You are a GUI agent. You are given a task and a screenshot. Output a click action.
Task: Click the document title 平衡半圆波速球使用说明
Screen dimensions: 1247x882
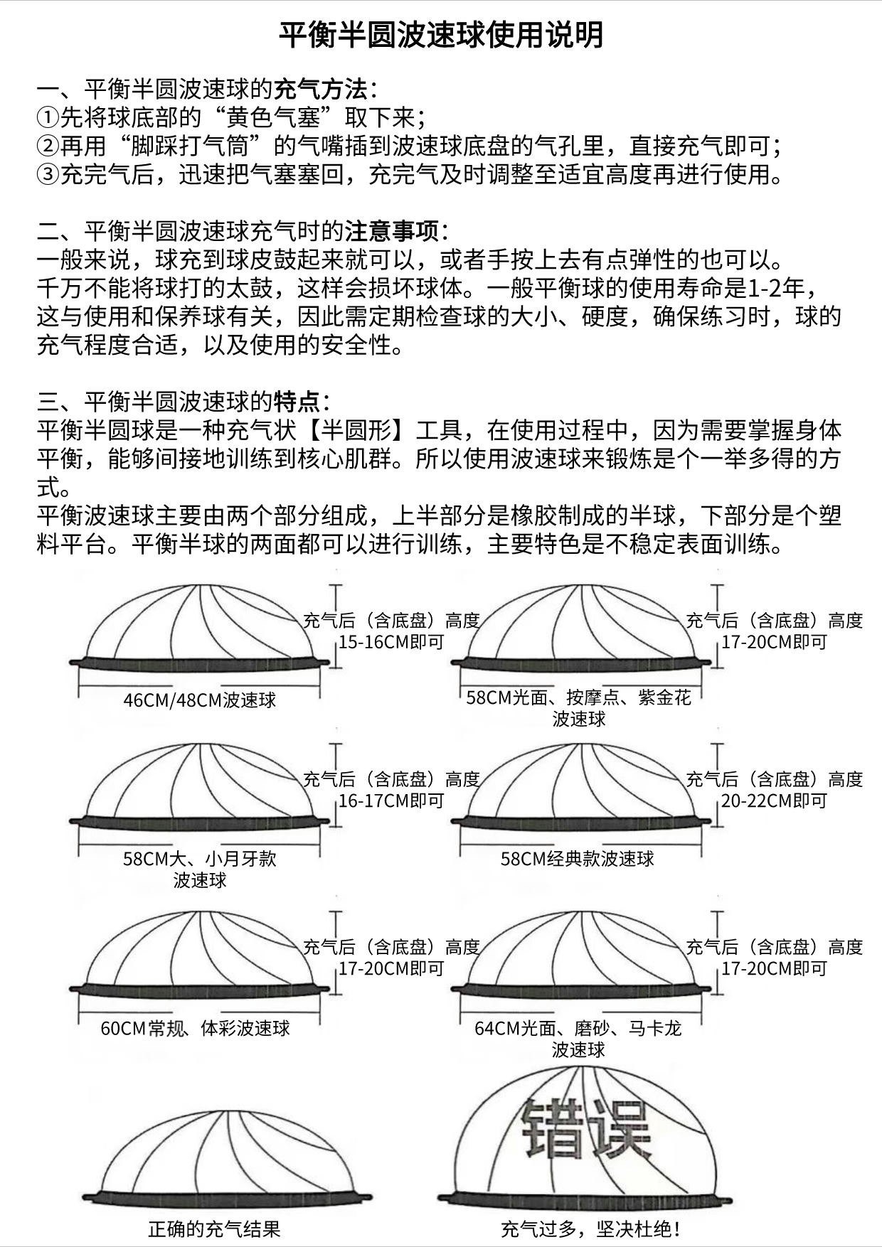tap(440, 34)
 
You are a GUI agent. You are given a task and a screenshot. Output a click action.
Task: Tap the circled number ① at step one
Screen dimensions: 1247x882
tap(48, 117)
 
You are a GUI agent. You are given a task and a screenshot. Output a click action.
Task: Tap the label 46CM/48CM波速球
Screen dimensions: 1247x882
tap(200, 700)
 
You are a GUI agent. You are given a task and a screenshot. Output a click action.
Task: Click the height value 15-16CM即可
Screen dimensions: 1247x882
tap(391, 643)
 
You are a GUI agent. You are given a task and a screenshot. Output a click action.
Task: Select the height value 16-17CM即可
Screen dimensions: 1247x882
tap(391, 801)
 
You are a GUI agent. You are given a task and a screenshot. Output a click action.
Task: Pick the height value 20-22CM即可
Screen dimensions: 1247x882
tap(775, 801)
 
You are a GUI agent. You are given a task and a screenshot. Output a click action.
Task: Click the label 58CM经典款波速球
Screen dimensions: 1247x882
tap(578, 859)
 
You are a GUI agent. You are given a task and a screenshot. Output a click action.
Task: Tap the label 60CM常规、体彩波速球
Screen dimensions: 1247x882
tap(196, 1028)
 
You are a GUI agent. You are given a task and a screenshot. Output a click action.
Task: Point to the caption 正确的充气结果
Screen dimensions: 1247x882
tap(214, 1229)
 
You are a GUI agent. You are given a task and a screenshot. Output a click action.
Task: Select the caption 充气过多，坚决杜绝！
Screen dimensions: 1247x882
tap(590, 1229)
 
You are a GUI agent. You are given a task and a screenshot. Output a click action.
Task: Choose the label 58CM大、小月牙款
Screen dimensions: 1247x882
tap(200, 859)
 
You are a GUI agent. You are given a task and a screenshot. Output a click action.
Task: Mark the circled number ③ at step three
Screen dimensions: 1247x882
tap(48, 175)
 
